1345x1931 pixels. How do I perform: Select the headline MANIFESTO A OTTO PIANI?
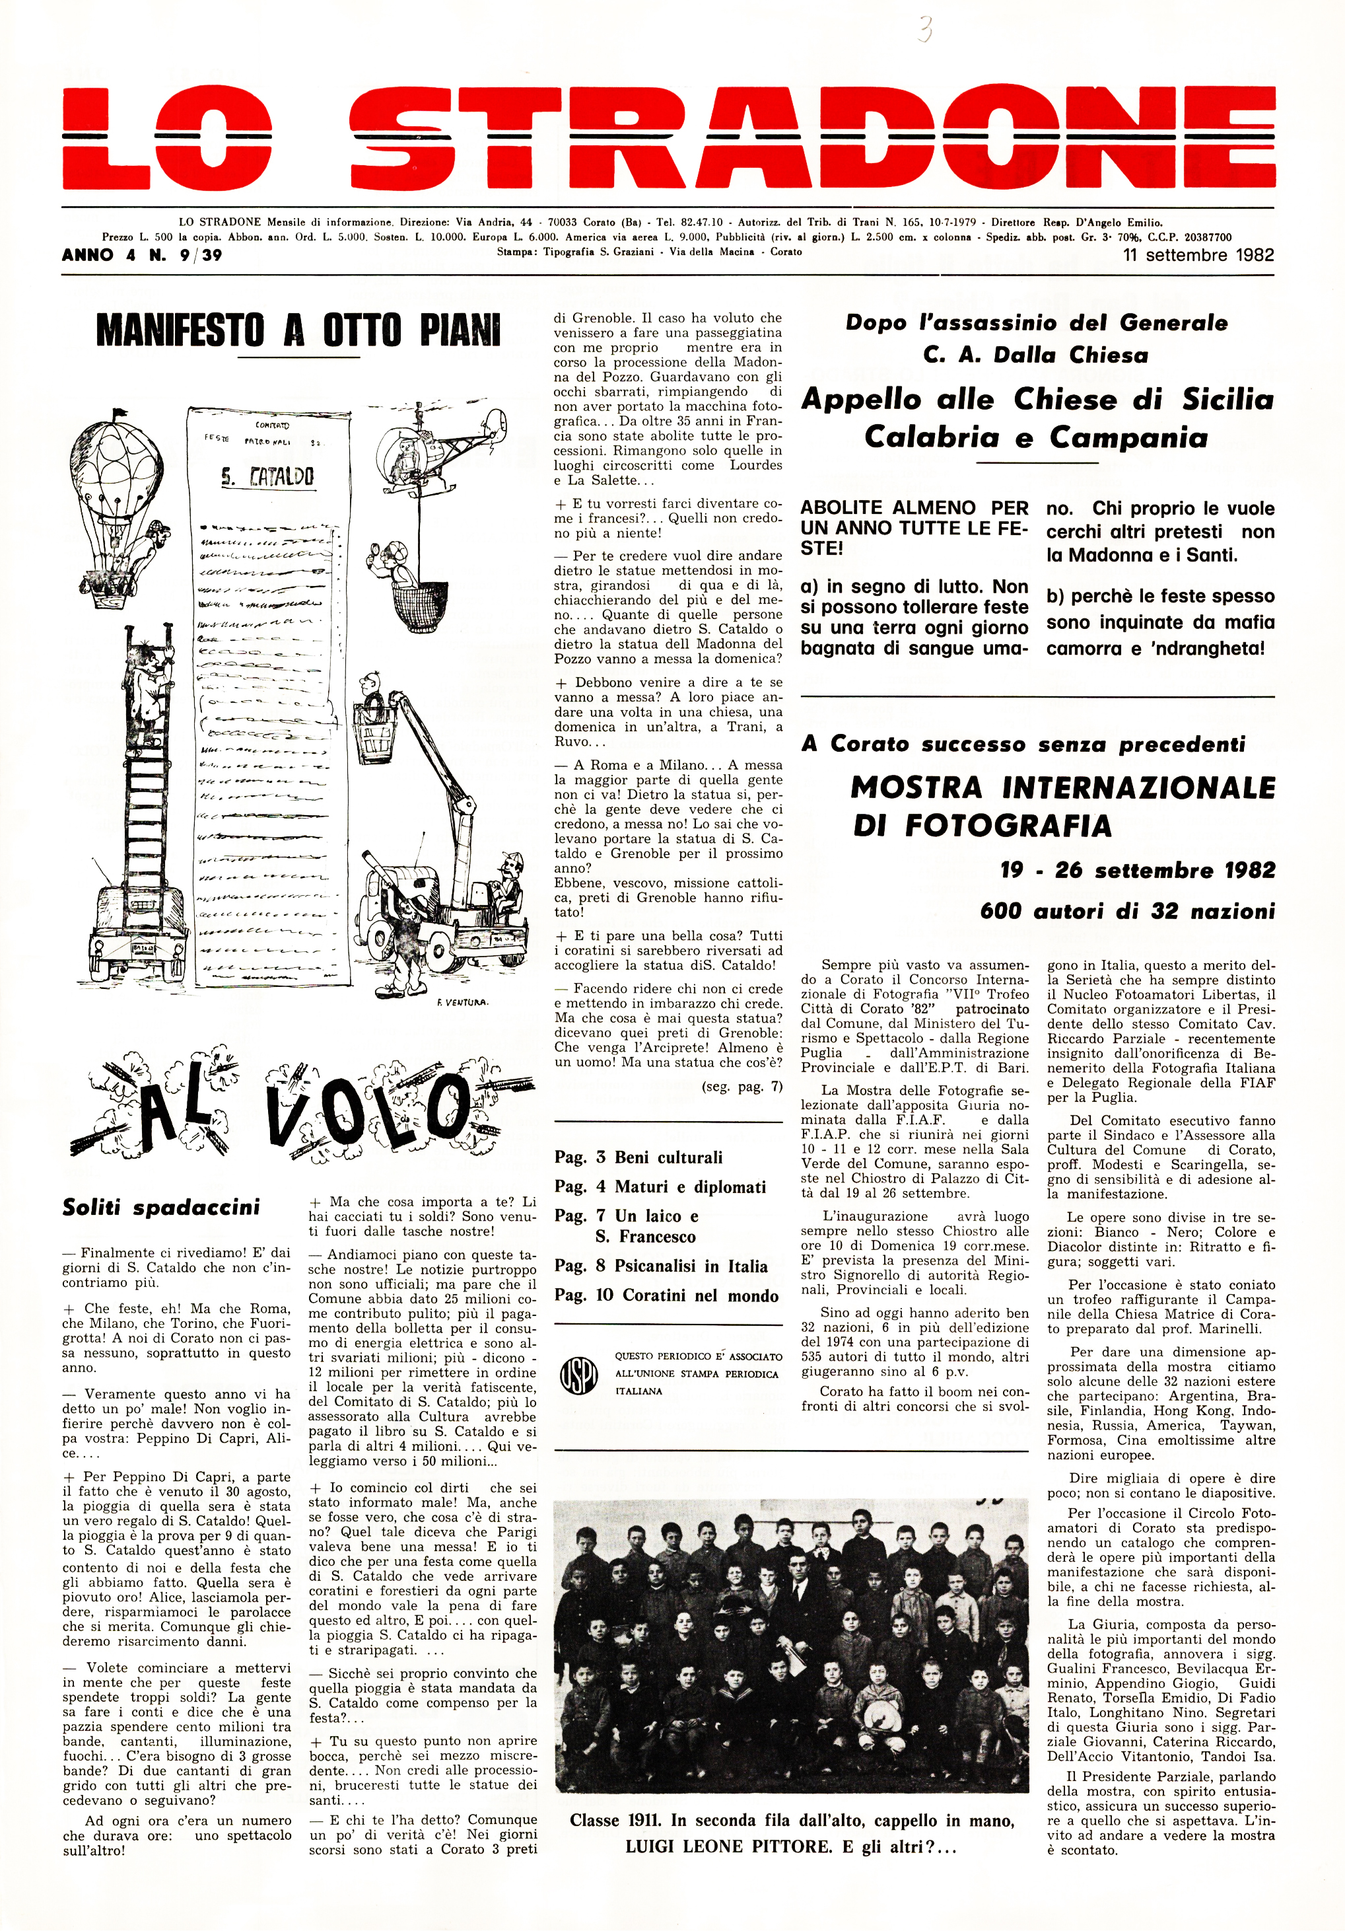coord(298,330)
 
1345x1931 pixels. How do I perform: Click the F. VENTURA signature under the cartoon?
coord(462,1003)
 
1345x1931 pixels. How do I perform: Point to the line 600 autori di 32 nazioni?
coord(1126,911)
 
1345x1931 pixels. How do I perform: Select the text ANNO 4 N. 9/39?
coord(142,255)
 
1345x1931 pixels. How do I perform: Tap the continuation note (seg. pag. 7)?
coord(741,1087)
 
